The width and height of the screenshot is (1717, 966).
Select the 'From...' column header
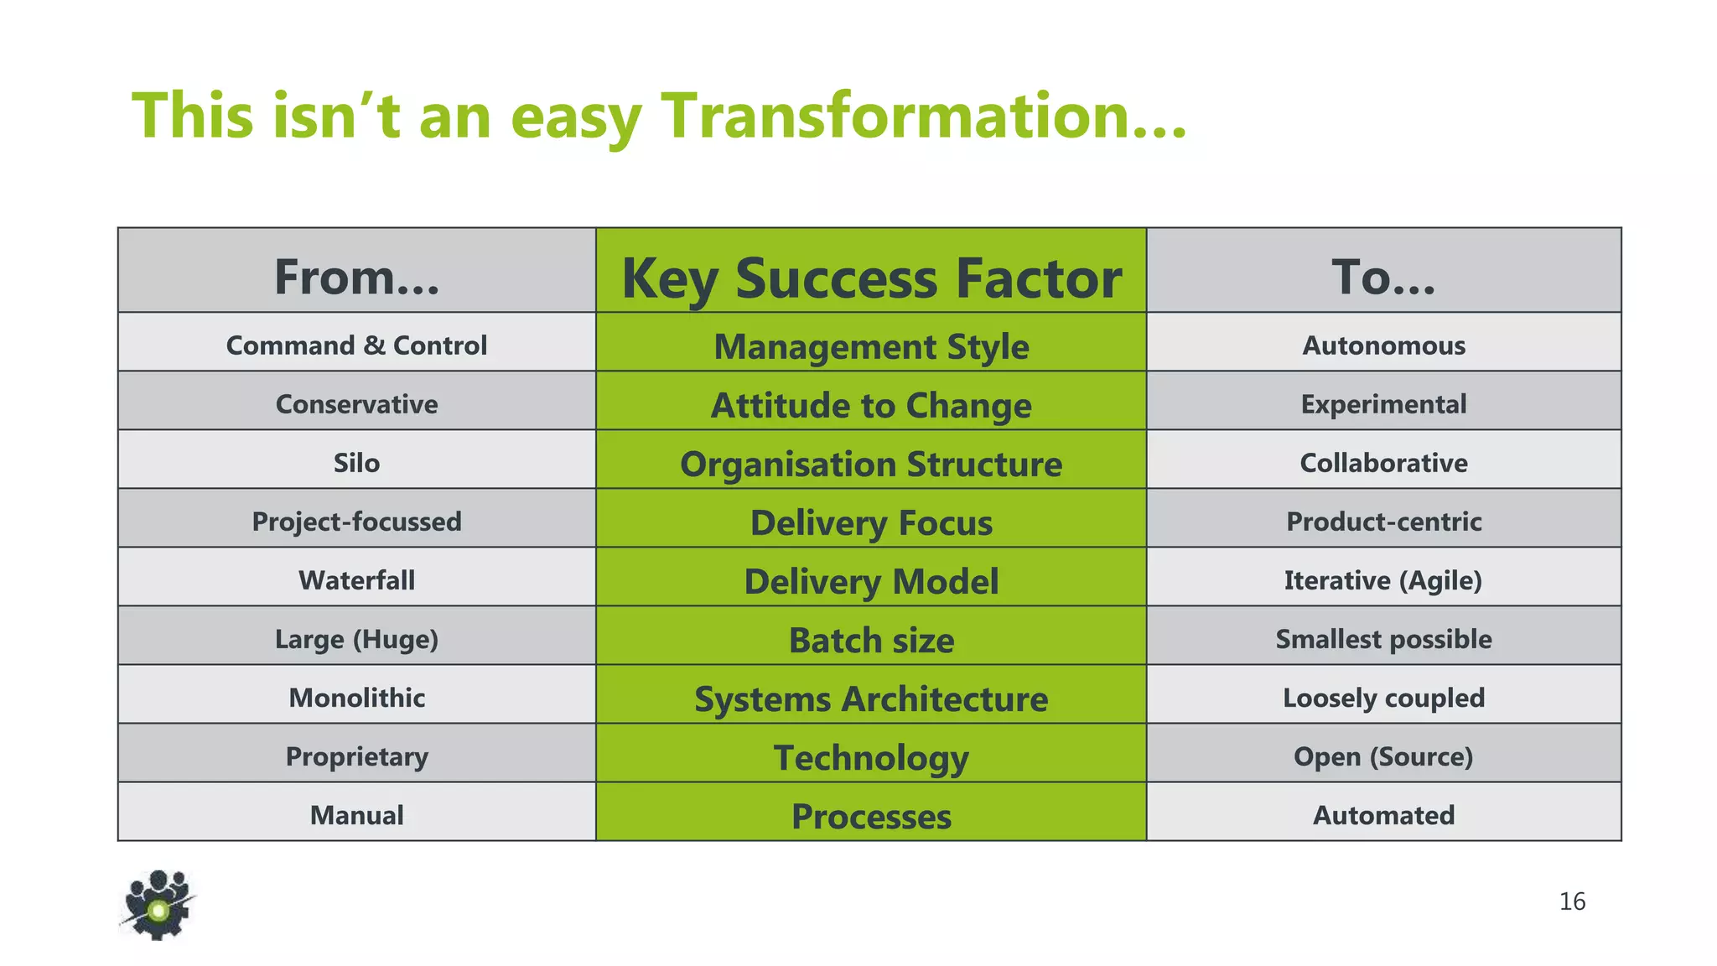pyautogui.click(x=357, y=277)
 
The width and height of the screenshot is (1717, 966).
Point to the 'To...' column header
pyautogui.click(x=1383, y=277)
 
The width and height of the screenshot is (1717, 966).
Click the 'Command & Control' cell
pyautogui.click(x=357, y=345)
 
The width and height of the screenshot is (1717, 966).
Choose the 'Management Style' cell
pyautogui.click(x=871, y=346)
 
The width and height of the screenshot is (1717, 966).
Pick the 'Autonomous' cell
pyautogui.click(x=1383, y=345)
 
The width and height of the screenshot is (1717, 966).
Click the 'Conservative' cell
pyautogui.click(x=357, y=404)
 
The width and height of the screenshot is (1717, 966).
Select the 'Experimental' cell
pyautogui.click(x=1383, y=404)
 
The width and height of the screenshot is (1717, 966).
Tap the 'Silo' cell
pyautogui.click(x=357, y=463)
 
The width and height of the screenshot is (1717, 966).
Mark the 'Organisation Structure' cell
pyautogui.click(x=871, y=464)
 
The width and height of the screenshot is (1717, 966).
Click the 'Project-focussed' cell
pyautogui.click(x=357, y=522)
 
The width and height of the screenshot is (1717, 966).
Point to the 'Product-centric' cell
pyautogui.click(x=1383, y=522)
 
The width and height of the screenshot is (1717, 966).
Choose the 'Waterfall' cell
pyautogui.click(x=357, y=580)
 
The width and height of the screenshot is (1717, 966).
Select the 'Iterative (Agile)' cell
pyautogui.click(x=1383, y=580)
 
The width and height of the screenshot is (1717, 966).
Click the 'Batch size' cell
pyautogui.click(x=871, y=640)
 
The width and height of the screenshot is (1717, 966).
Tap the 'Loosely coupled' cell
pyautogui.click(x=1383, y=698)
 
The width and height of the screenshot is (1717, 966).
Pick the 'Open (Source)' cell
pyautogui.click(x=1383, y=756)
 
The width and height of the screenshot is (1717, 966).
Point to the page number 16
pyautogui.click(x=1572, y=901)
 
